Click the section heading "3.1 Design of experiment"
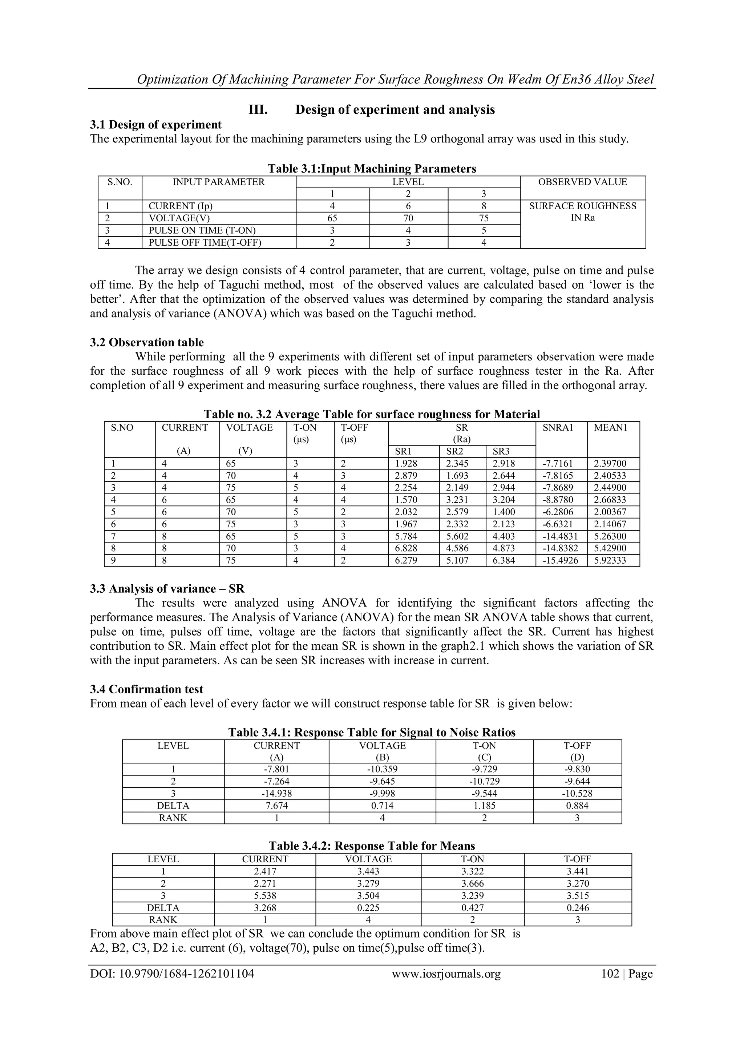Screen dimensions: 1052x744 click(156, 125)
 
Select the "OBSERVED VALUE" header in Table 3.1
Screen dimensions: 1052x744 click(582, 182)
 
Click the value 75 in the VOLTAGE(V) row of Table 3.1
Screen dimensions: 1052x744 click(484, 218)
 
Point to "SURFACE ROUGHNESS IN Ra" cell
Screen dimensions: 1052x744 click(582, 212)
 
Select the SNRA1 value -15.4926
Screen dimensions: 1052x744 click(561, 560)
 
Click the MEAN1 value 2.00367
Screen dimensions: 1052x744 click(610, 512)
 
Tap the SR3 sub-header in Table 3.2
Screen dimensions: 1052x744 click(501, 451)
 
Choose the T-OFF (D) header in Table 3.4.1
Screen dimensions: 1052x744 click(577, 751)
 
